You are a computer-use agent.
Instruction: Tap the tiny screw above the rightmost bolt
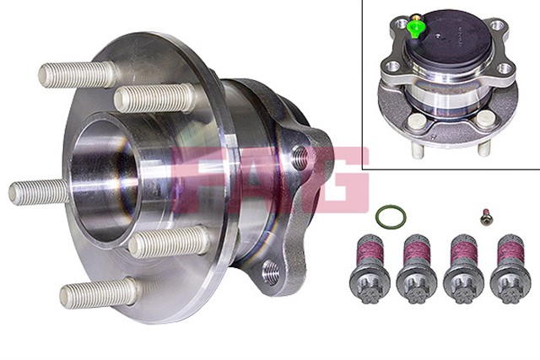coord(487,218)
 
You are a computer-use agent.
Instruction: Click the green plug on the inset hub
coord(415,29)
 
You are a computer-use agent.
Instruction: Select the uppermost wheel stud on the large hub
coord(78,75)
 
